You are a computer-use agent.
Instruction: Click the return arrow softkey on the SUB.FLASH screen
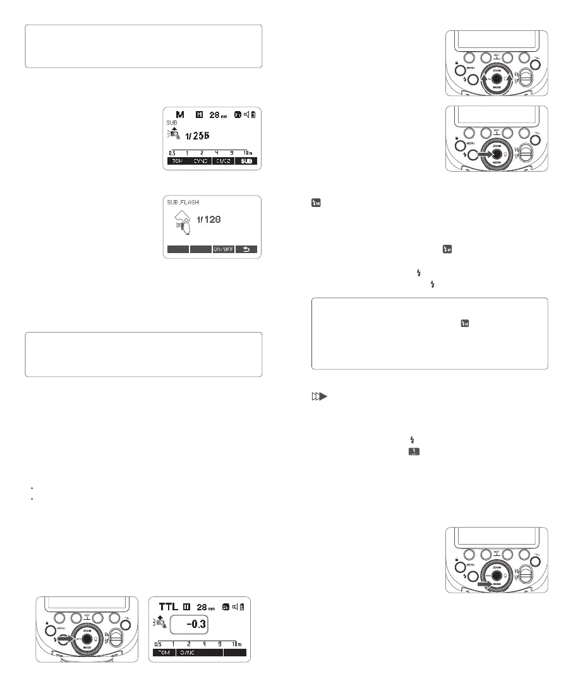(246, 249)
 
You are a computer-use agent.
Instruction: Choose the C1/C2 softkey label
(222, 161)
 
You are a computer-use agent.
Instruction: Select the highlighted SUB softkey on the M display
(245, 161)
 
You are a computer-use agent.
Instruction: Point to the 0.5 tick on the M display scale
(172, 153)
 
